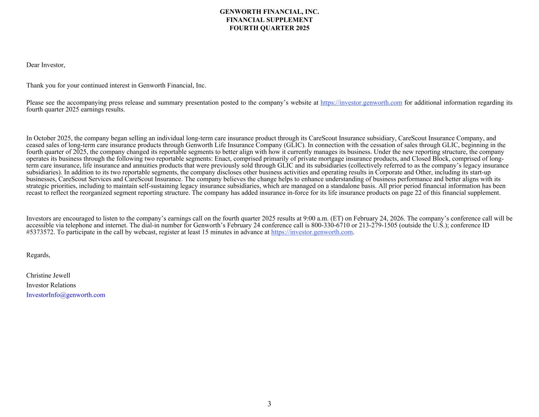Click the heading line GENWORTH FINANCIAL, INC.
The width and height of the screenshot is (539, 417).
tap(269, 12)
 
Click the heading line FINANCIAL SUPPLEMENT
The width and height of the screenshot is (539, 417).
tap(269, 20)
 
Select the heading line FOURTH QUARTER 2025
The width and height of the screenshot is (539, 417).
tap(269, 28)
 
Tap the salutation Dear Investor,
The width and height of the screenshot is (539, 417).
tap(45, 65)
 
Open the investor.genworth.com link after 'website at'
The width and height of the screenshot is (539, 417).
tap(361, 103)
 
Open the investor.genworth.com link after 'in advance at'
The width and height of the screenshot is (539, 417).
tap(312, 232)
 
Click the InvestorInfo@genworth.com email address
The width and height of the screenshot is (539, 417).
tap(66, 295)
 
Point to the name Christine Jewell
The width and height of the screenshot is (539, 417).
tap(48, 275)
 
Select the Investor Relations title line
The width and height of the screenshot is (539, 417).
tap(51, 285)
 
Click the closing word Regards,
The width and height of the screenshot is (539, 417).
tap(38, 255)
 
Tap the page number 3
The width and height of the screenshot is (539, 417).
tap(269, 404)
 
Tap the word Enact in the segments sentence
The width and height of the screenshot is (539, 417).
tap(223, 159)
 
